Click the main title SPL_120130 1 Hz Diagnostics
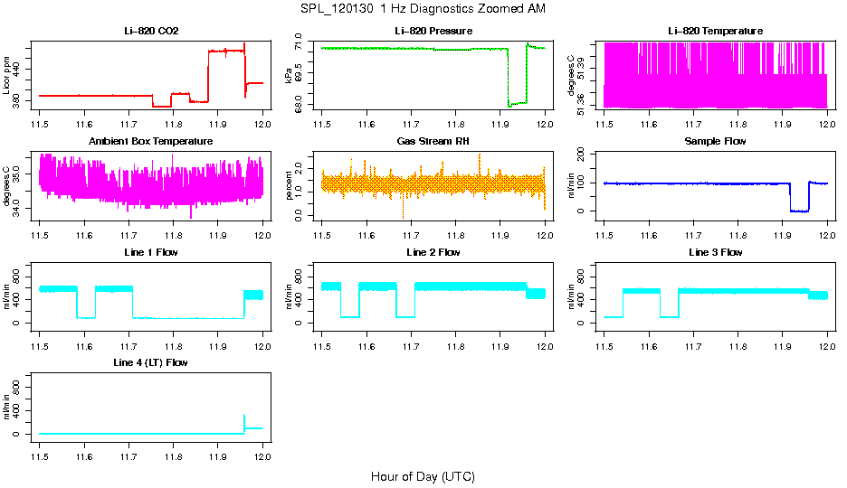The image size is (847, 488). pos(423,8)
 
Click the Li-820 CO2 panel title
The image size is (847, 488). pos(151,31)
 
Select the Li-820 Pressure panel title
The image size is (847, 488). pos(433,31)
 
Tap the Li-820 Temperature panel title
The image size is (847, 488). pos(715,31)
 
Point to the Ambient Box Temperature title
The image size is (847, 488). pos(151,141)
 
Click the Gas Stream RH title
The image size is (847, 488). pos(433,141)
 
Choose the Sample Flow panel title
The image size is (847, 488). pos(715,141)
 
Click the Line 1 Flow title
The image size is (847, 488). pos(151,252)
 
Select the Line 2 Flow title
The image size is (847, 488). pos(433,252)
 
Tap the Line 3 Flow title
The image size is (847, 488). pos(715,252)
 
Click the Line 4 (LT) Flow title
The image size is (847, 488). pos(151,362)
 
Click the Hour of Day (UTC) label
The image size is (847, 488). pos(423,476)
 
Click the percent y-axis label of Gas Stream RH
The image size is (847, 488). pos(289,186)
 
